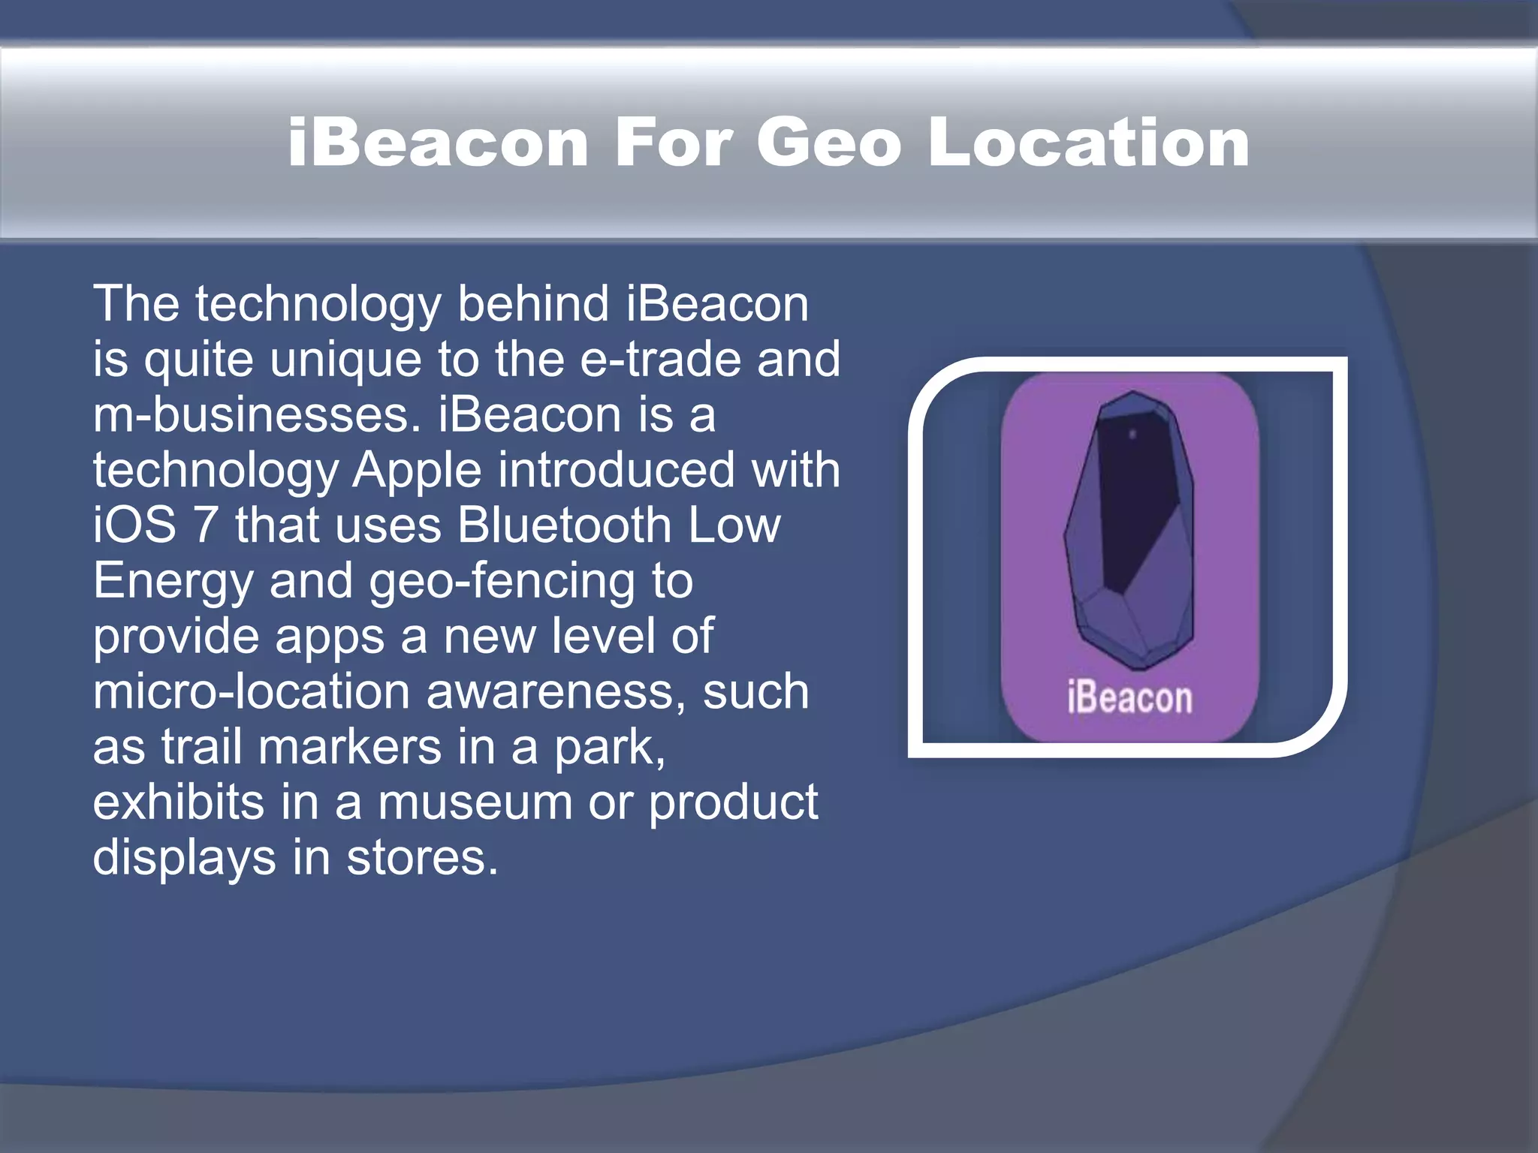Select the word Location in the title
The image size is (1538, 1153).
point(1088,142)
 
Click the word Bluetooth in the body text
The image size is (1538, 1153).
point(564,525)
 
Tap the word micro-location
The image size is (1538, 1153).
point(251,691)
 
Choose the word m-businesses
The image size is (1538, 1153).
point(256,415)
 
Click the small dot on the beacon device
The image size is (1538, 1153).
point(1132,434)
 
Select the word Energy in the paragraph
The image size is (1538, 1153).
point(173,582)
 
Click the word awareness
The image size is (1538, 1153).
point(555,691)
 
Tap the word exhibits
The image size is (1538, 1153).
point(179,802)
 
